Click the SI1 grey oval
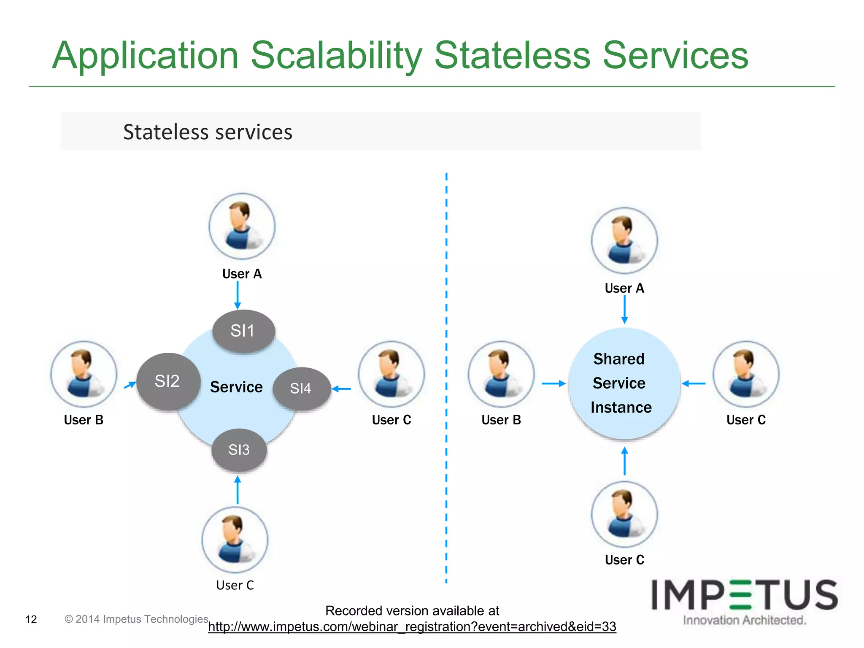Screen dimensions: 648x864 coord(243,331)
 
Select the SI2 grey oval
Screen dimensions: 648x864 coord(168,381)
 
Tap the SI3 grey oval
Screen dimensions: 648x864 coord(239,450)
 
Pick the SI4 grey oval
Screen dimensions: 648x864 coord(301,388)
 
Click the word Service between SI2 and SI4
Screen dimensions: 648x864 coord(236,387)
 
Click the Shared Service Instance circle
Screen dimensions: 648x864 coord(624,383)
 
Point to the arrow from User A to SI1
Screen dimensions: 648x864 coord(238,295)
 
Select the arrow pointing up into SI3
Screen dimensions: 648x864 coord(238,490)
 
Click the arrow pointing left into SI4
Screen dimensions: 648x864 coord(341,389)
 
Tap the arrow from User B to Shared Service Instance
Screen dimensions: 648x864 coord(553,383)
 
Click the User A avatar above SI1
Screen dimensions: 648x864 coord(242,226)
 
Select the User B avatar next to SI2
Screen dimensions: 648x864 coord(84,374)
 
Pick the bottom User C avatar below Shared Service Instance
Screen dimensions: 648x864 coord(624,514)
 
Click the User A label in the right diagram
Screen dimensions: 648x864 coord(624,288)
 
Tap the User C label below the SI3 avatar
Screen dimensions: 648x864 coord(235,585)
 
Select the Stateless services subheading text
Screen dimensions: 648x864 coord(208,132)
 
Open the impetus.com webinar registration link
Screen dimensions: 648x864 coord(412,626)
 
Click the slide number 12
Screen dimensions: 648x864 coord(31,619)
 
